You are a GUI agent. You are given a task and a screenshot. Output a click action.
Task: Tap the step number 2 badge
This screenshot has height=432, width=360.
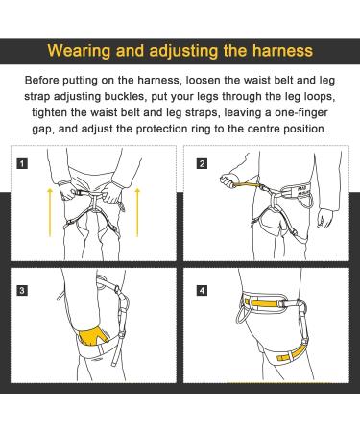(202, 162)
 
